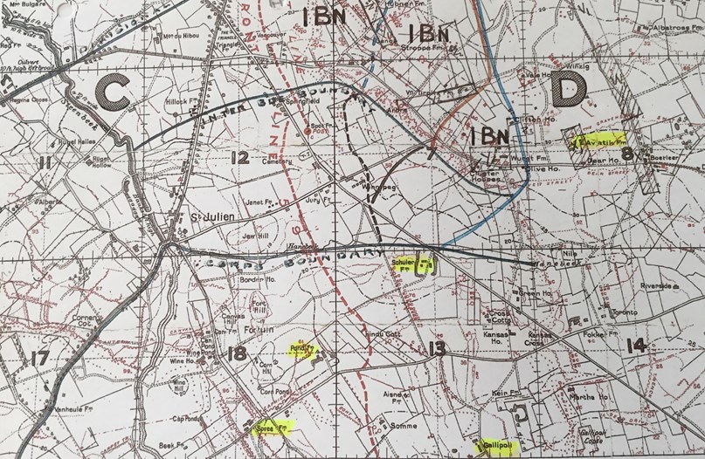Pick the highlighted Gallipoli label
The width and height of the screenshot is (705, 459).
(498, 444)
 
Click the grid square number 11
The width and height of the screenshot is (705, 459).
(45, 161)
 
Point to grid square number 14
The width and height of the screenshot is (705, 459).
(636, 345)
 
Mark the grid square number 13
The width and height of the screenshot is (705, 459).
(437, 349)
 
